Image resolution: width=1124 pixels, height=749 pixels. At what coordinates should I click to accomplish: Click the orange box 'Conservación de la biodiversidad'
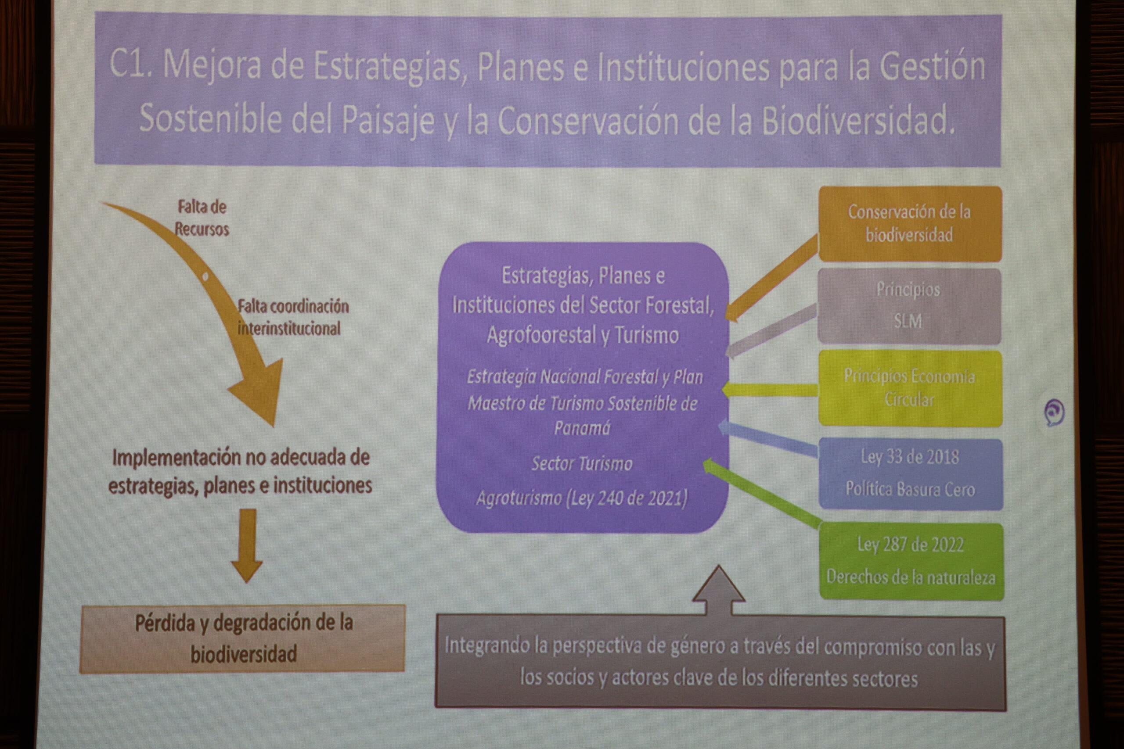[910, 223]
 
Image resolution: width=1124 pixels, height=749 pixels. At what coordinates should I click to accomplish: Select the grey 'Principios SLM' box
[909, 306]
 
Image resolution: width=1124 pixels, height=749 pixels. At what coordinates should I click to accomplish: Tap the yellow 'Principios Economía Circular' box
[910, 388]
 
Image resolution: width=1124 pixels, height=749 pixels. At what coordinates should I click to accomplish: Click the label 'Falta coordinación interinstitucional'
[293, 317]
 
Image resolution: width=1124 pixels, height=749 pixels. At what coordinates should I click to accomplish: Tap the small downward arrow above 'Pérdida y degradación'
[247, 545]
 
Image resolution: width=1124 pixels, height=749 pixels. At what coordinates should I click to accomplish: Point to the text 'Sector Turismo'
[582, 463]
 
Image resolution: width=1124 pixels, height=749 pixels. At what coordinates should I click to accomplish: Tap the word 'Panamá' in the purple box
[582, 428]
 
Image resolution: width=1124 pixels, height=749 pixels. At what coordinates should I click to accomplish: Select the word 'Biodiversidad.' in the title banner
[858, 120]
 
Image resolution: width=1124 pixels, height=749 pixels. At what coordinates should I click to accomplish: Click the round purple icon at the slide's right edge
[1054, 412]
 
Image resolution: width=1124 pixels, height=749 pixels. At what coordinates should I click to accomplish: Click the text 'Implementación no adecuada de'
[241, 458]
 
